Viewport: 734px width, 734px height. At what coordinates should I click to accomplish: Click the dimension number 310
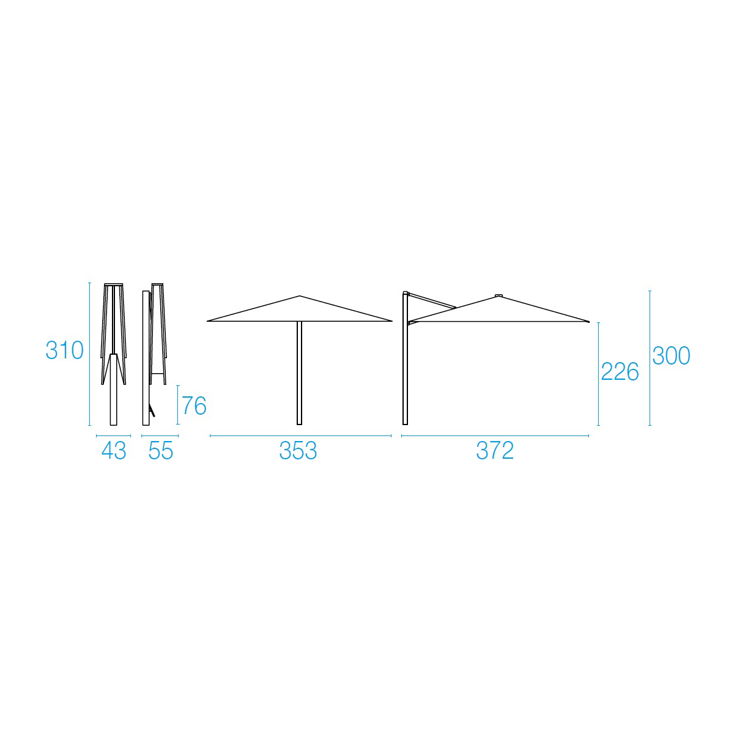point(65,350)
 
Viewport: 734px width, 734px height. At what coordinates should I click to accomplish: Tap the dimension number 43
point(114,451)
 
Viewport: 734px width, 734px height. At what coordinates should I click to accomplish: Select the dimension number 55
point(161,451)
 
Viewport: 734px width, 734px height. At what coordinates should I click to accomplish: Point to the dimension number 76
point(195,406)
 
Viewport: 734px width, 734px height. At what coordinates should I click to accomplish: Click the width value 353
point(298,451)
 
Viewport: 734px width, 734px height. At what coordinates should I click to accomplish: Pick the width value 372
point(495,451)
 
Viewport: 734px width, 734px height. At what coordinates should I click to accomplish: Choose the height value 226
point(620,371)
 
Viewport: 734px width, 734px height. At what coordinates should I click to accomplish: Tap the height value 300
point(671,355)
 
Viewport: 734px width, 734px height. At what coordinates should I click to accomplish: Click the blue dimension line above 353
point(300,436)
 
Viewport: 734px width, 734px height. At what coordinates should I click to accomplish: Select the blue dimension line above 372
point(495,436)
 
